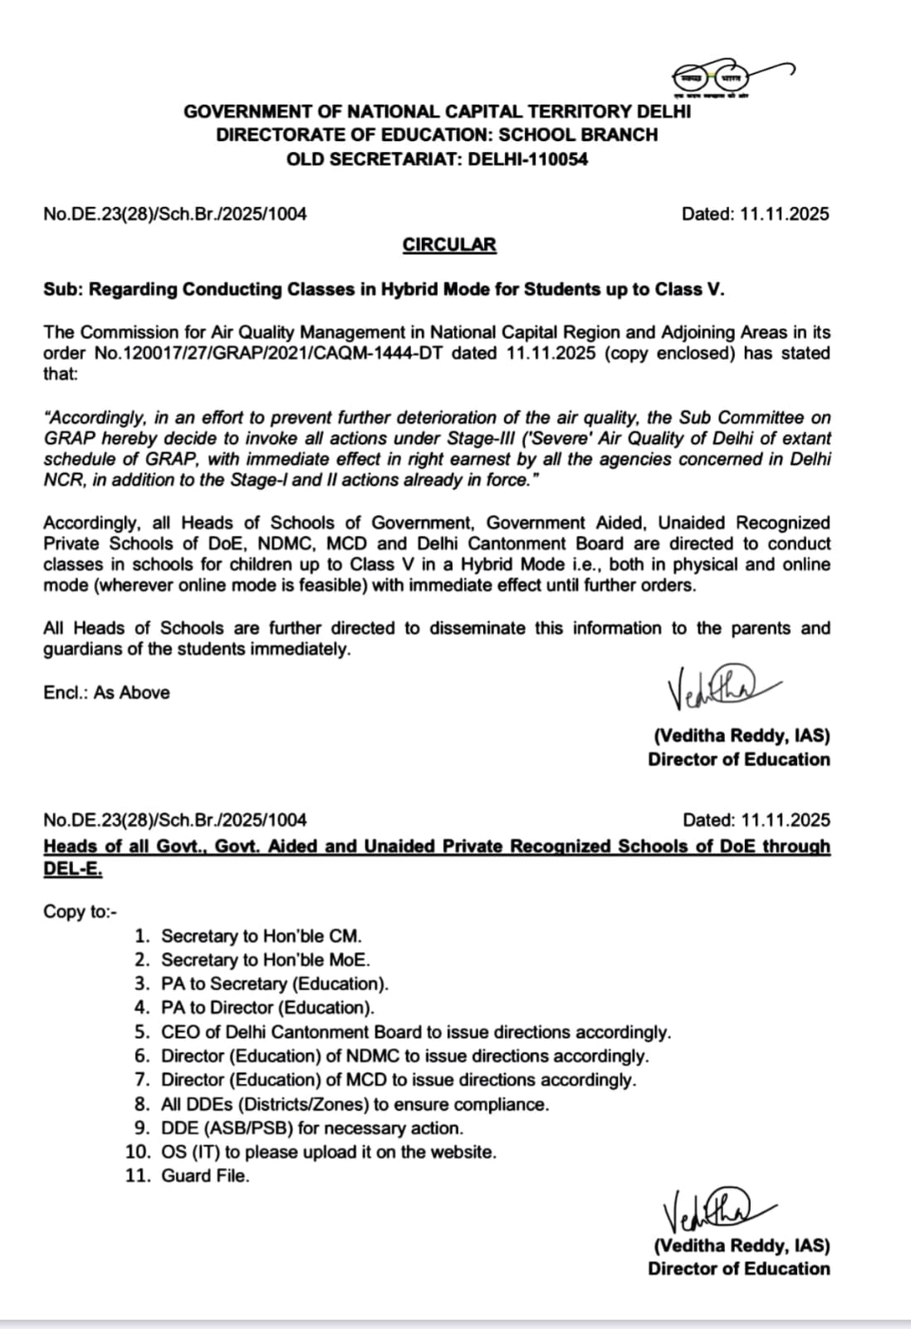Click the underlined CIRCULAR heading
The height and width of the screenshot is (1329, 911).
click(449, 245)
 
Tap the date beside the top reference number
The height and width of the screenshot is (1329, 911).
click(755, 214)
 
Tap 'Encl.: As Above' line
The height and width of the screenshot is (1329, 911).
click(106, 693)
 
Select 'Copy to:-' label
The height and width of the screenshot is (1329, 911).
click(81, 912)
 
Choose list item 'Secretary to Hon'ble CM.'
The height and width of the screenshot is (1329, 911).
click(262, 936)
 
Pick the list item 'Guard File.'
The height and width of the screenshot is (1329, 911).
click(205, 1176)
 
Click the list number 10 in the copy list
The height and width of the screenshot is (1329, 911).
click(138, 1152)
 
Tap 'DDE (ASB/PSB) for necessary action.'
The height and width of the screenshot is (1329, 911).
click(312, 1128)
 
